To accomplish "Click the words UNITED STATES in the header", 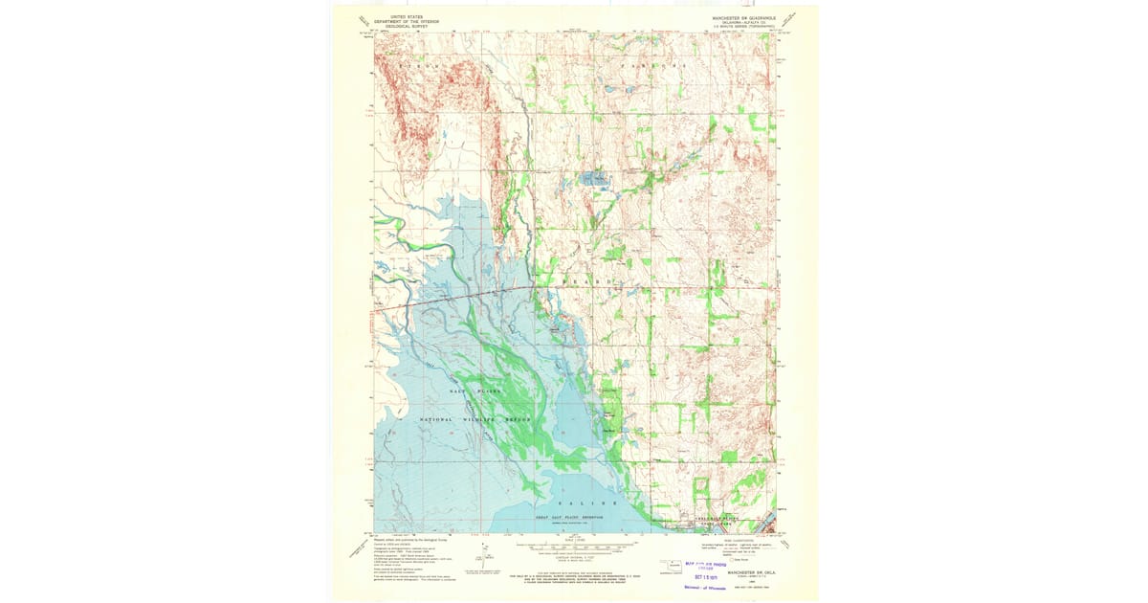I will pos(401,15).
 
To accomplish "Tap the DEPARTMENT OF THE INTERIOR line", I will pos(401,20).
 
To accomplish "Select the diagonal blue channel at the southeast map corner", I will pos(764,524).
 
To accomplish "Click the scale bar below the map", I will pos(570,548).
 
